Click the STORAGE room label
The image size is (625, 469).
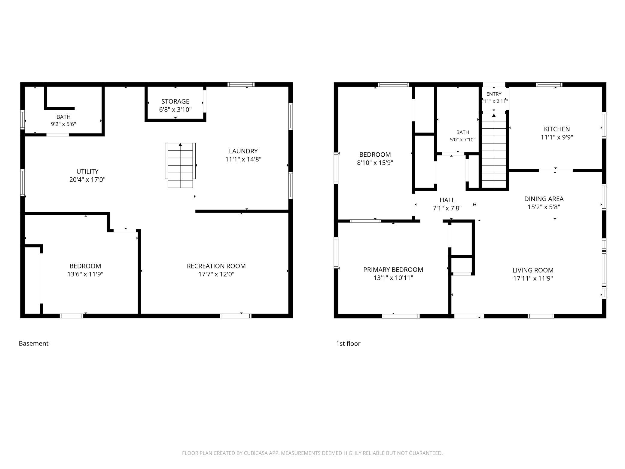(x=175, y=101)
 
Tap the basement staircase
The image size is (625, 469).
(x=180, y=165)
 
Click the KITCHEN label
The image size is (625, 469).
(x=557, y=129)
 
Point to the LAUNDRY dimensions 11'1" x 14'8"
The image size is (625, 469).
(x=243, y=159)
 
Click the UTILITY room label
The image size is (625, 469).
(x=87, y=171)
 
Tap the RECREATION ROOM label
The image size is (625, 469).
(x=216, y=266)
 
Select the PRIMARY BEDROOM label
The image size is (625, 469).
(x=393, y=270)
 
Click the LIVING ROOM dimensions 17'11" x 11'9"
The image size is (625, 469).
(x=533, y=278)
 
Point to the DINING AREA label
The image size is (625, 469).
(x=544, y=199)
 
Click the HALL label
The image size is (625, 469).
(x=447, y=200)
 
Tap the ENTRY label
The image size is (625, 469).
(x=494, y=94)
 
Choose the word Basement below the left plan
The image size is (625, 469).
(x=34, y=343)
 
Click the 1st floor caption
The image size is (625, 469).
(x=348, y=343)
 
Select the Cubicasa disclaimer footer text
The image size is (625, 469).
(x=312, y=453)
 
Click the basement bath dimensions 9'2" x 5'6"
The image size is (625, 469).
(x=63, y=124)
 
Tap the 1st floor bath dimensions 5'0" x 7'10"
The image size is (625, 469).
(x=462, y=139)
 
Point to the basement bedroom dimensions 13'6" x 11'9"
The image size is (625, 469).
(x=85, y=274)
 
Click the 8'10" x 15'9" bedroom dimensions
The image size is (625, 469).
(x=375, y=163)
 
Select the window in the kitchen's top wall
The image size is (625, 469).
(x=549, y=84)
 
